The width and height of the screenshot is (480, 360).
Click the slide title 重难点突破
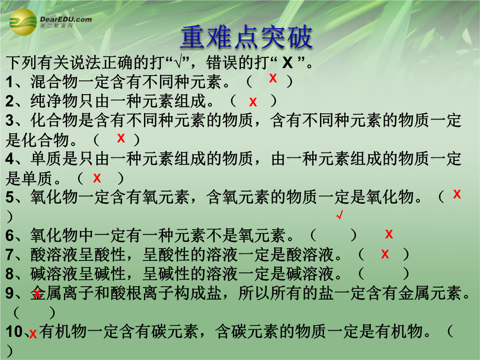(246, 37)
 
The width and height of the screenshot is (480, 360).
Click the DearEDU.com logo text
(66, 19)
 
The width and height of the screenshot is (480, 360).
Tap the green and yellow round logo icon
(23, 22)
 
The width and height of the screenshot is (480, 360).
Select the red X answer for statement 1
(273, 78)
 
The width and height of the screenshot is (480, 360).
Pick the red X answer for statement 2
(253, 102)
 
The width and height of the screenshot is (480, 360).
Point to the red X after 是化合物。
(121, 138)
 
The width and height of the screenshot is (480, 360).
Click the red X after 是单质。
(97, 178)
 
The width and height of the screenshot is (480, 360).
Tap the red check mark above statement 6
(340, 215)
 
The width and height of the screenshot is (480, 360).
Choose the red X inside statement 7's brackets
(385, 254)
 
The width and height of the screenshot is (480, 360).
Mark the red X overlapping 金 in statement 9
(37, 294)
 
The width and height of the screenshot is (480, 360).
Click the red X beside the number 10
(33, 334)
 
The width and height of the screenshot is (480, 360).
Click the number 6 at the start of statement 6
(10, 236)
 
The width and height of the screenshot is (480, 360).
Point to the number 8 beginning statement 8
(10, 274)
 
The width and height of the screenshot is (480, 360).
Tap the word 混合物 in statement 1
(54, 82)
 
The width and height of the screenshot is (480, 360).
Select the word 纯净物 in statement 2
(54, 101)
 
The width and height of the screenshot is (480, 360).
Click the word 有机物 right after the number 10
(63, 331)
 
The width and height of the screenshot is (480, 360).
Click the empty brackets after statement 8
(383, 274)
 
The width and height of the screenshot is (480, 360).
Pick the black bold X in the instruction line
(288, 63)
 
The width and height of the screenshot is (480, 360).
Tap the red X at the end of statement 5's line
(457, 194)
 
